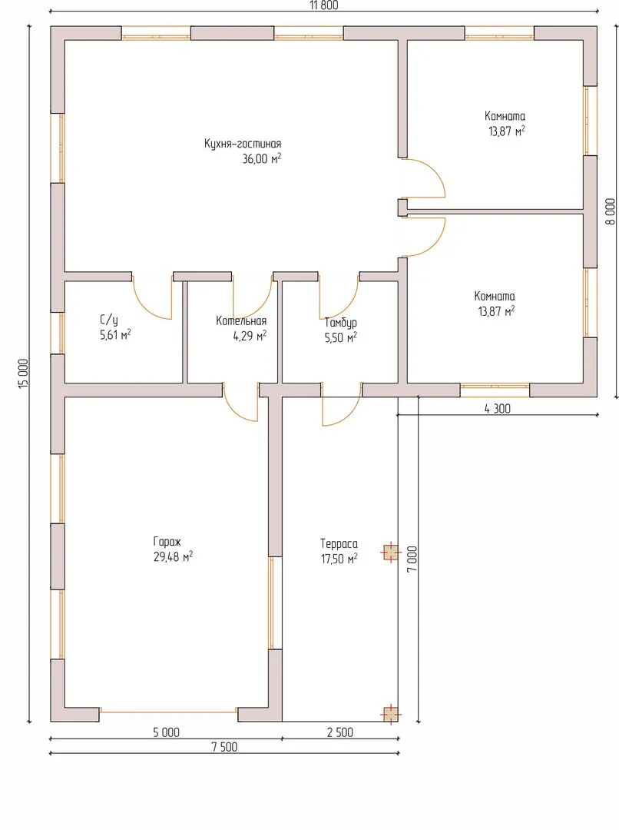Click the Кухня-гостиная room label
(243, 144)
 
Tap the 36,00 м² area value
(262, 159)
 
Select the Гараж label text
(167, 542)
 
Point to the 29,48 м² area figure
(173, 557)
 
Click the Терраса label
(339, 543)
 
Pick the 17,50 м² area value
(339, 559)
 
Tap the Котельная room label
(241, 320)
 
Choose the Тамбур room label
(341, 322)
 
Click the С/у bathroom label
(108, 320)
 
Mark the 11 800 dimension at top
(324, 5)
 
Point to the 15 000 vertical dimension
(23, 374)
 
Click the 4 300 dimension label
(498, 409)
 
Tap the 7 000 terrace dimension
(412, 559)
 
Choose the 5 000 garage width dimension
(166, 732)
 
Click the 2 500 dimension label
(339, 732)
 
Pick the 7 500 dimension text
(224, 747)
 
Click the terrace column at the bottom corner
(390, 715)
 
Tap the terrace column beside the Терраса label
(390, 553)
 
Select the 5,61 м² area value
(115, 334)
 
